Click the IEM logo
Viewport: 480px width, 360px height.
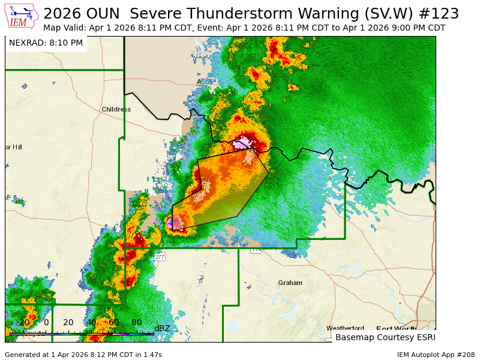coord(22,16)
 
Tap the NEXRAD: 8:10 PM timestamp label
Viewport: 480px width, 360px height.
coord(46,43)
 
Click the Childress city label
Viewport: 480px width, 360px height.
coord(116,109)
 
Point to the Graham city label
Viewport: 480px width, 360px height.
coord(290,283)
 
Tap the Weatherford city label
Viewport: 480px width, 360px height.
coord(345,328)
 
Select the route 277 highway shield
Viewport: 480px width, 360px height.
coord(159,257)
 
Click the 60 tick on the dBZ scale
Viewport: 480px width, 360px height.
coord(114,323)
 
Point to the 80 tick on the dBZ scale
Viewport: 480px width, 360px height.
coord(137,323)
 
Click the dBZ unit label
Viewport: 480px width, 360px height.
coord(162,328)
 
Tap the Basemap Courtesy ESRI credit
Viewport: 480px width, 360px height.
coord(384,337)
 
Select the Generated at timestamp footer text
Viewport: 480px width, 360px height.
coord(83,355)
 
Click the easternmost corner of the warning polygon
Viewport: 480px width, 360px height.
coord(269,173)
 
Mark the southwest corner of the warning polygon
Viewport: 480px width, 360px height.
coord(173,229)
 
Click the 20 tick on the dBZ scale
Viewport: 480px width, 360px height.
coord(68,323)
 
